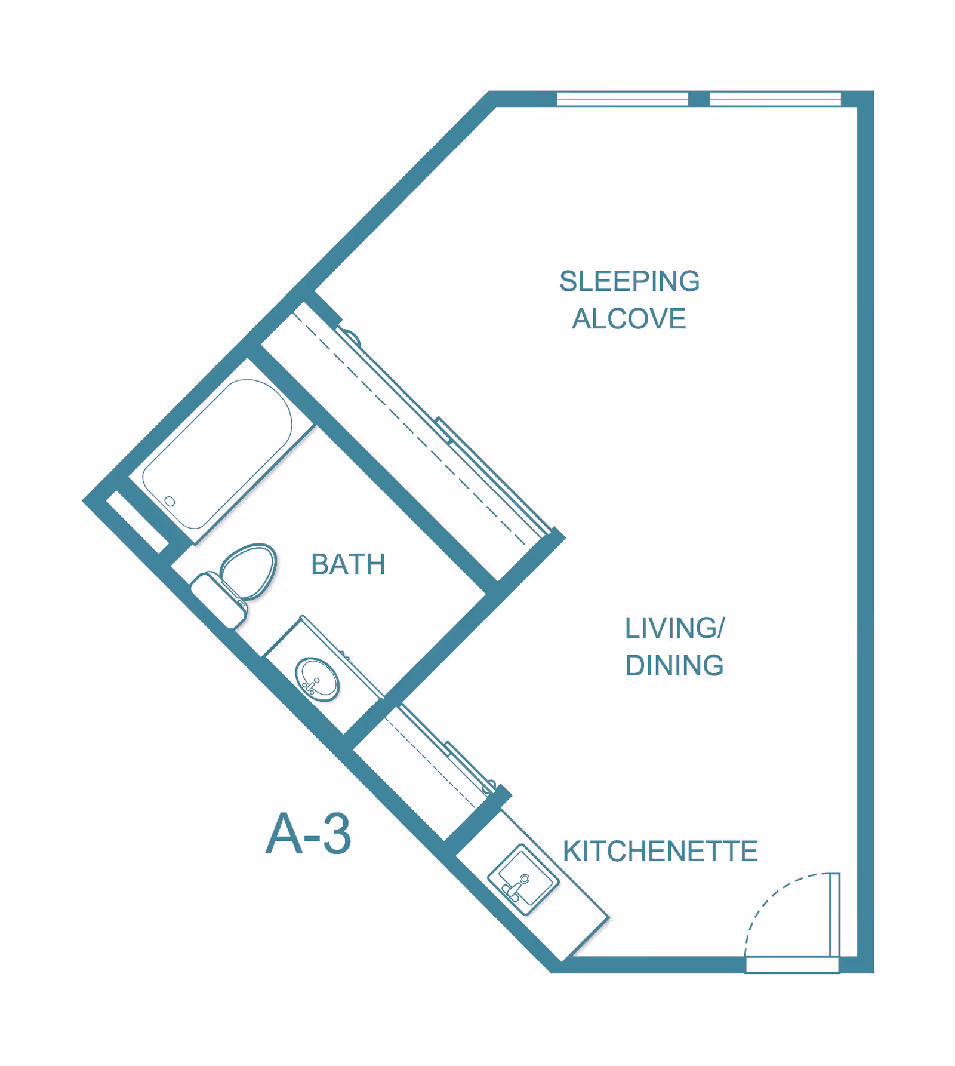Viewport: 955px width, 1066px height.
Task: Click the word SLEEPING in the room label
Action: pyautogui.click(x=629, y=281)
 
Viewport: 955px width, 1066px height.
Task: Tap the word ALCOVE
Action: pyautogui.click(x=629, y=318)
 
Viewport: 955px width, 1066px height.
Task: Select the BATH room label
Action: pyautogui.click(x=348, y=564)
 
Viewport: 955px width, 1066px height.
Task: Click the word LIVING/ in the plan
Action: pyautogui.click(x=674, y=628)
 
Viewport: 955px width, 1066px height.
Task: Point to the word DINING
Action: pyautogui.click(x=674, y=665)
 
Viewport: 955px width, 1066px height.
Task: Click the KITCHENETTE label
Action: pyautogui.click(x=660, y=851)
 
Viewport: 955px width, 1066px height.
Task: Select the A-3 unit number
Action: pyautogui.click(x=308, y=834)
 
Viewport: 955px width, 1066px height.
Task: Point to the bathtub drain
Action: pyautogui.click(x=170, y=501)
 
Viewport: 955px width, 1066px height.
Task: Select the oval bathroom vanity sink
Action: pyautogui.click(x=317, y=679)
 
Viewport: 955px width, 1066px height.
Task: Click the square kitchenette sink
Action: pyautogui.click(x=523, y=879)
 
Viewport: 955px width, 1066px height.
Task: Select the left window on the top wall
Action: pyautogui.click(x=622, y=99)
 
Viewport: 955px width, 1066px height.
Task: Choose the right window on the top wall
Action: pyautogui.click(x=775, y=99)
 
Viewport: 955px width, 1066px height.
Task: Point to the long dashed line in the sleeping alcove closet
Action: pyautogui.click(x=411, y=429)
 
